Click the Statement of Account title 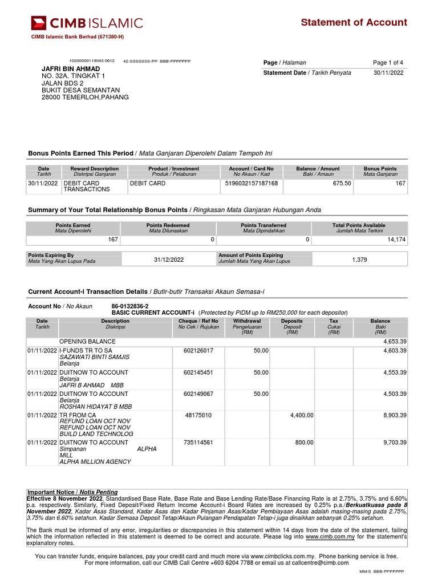[x=354, y=22]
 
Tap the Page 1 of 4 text [x=388, y=63]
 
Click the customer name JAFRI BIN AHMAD [x=71, y=68]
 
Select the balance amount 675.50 [x=342, y=183]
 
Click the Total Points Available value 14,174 [x=396, y=240]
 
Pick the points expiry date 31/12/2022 [x=169, y=259]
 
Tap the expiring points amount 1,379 [x=360, y=259]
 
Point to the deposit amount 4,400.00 [x=302, y=415]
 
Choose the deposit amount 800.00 [x=304, y=442]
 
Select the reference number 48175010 [x=198, y=415]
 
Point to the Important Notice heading [x=72, y=492]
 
